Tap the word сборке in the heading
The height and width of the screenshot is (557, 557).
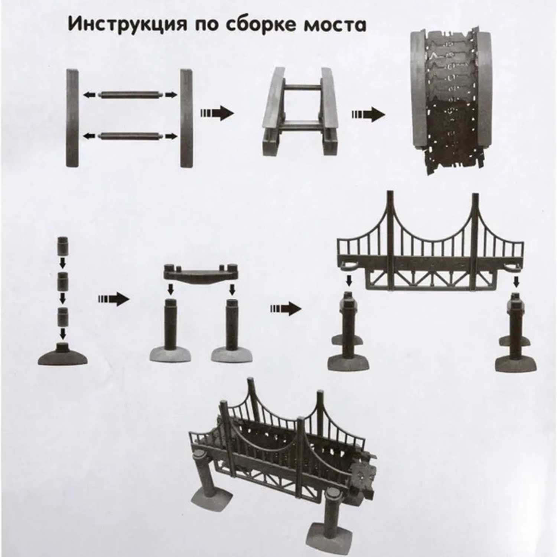tap(262, 25)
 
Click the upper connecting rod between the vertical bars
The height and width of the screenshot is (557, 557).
tap(130, 95)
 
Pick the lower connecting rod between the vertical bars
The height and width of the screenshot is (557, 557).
tap(130, 136)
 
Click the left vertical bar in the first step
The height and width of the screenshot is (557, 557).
tap(72, 118)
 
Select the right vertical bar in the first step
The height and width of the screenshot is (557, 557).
tap(186, 118)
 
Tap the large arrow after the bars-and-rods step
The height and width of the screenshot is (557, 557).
tap(217, 113)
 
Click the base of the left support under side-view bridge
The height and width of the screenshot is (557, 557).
tap(348, 362)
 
